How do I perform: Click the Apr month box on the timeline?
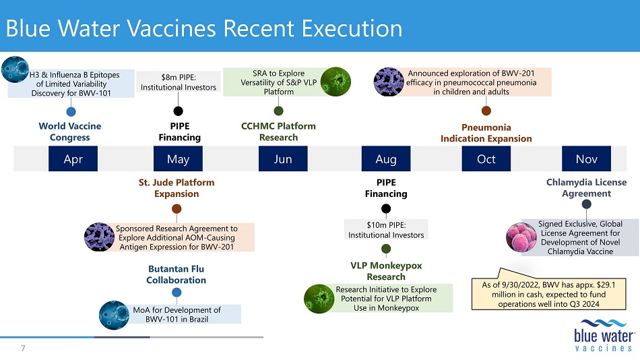73,158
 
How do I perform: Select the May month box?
178,158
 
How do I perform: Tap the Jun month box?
283,158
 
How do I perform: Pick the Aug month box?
386,158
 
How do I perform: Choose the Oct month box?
486,158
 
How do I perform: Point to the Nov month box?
587,158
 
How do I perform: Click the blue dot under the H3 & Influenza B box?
71,111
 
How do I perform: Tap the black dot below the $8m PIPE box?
178,111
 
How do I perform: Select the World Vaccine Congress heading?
70,131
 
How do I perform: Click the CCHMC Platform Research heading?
278,131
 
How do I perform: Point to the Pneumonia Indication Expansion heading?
486,133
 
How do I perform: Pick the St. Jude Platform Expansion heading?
177,188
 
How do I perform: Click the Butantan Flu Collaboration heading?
177,274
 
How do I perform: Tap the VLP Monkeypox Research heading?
386,271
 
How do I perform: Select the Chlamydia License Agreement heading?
587,187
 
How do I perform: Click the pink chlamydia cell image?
521,237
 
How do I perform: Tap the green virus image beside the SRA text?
335,82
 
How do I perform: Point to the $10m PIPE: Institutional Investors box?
386,230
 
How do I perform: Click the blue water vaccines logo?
604,335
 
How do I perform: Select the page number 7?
23,348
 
